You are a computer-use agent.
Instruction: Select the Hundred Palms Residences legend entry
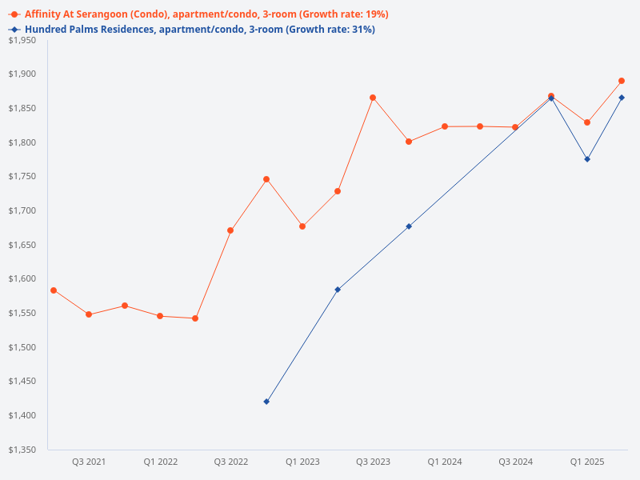(x=200, y=30)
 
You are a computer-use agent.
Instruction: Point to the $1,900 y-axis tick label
(x=22, y=74)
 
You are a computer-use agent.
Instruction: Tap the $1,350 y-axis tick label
(x=22, y=450)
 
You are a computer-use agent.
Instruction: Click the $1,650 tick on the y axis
(x=22, y=245)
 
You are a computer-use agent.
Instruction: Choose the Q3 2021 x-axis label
(x=89, y=462)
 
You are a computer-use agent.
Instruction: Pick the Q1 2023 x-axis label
(x=302, y=462)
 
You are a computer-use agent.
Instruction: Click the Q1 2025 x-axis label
(x=586, y=462)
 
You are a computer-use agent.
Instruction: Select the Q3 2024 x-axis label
(x=515, y=462)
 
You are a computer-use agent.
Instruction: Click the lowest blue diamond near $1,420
(x=266, y=402)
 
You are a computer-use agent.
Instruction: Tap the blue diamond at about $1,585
(x=338, y=290)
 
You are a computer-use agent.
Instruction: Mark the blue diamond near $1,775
(x=587, y=159)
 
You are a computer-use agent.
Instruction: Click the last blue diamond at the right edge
(x=622, y=98)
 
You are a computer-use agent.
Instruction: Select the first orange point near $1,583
(x=54, y=290)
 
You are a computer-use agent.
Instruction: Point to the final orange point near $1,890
(x=622, y=81)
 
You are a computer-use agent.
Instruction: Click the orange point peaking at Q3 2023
(x=373, y=98)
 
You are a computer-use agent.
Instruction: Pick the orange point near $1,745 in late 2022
(x=266, y=179)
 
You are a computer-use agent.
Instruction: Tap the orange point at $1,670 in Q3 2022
(x=230, y=230)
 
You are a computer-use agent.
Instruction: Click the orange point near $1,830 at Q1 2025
(x=587, y=122)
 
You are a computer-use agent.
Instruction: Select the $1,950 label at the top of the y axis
(x=22, y=40)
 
